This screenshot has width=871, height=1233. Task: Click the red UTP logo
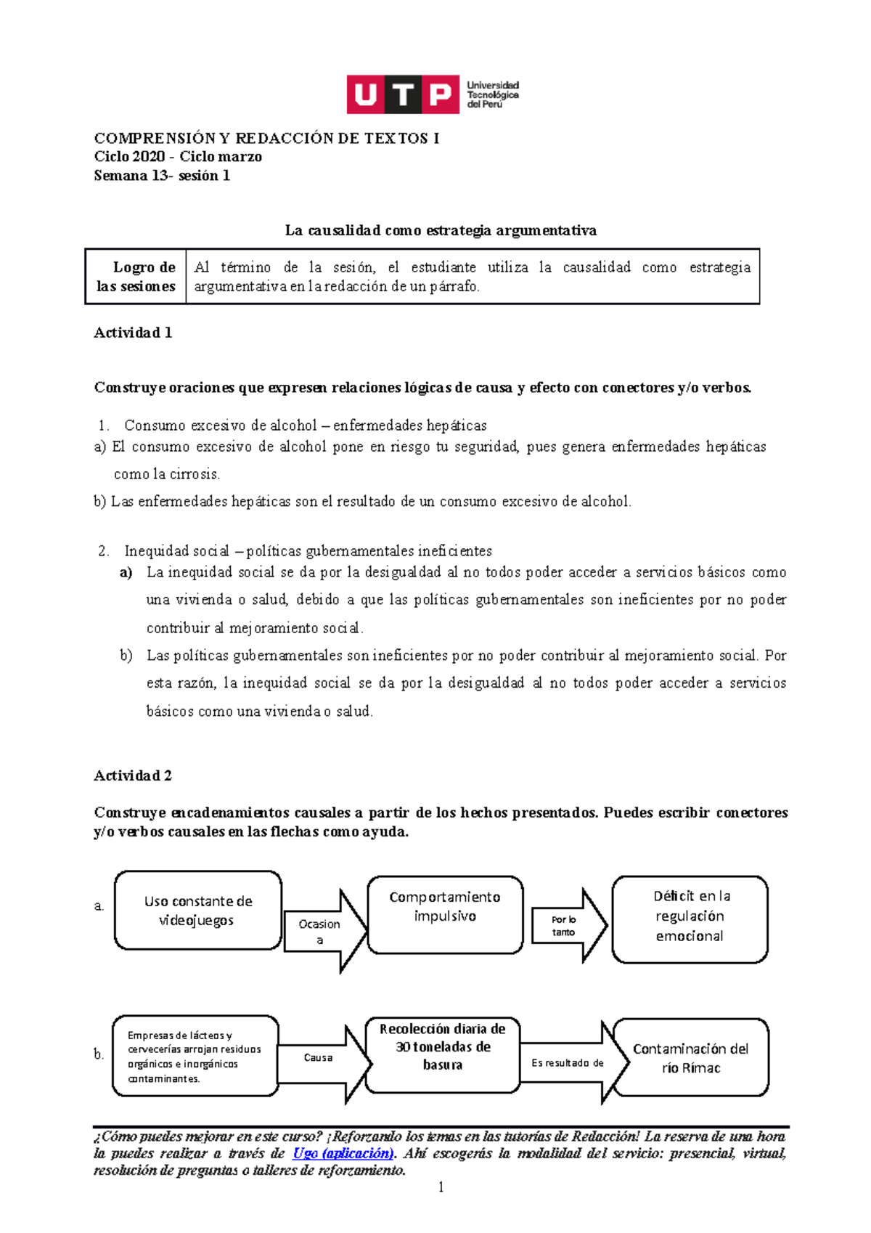pos(403,94)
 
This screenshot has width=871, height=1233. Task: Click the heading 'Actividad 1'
pos(133,333)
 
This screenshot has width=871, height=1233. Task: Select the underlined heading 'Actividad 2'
pos(133,776)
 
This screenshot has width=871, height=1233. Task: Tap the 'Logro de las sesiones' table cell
pos(136,277)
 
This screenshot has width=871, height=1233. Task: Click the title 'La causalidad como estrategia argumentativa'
pos(441,230)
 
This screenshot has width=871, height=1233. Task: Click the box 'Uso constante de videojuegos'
pos(197,911)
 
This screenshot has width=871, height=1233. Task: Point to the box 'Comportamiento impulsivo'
pos(444,914)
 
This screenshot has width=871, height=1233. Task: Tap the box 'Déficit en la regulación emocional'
pos(690,919)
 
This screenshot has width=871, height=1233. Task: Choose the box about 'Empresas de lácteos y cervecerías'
pos(195,1057)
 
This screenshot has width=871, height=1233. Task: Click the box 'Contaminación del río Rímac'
pos(690,1058)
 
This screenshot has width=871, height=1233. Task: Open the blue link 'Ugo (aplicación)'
pos(343,1153)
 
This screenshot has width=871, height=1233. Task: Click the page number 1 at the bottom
pos(441,1188)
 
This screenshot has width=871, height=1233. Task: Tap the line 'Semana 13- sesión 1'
pos(162,175)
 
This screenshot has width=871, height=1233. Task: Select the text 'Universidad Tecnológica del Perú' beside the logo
pos(492,94)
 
